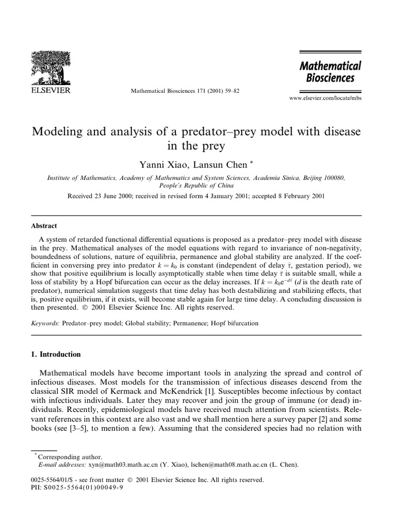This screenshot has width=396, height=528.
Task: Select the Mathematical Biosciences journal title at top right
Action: point(331,72)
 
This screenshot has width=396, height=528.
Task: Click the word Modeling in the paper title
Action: point(58,131)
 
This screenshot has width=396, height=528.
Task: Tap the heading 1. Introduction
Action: point(57,354)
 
